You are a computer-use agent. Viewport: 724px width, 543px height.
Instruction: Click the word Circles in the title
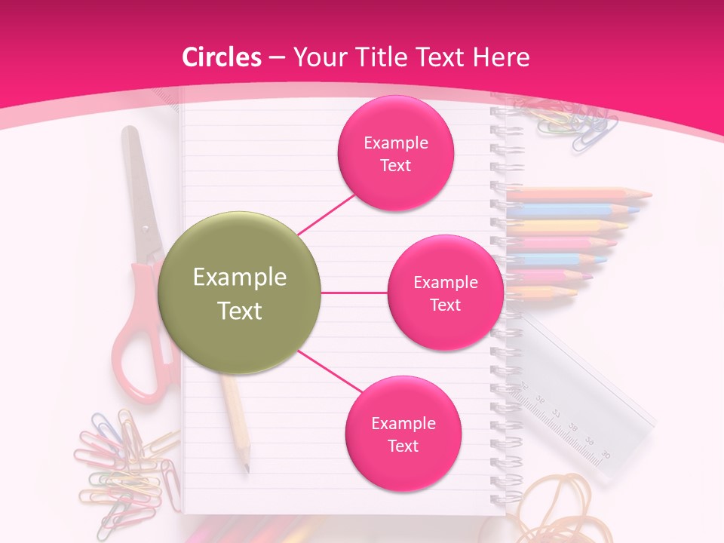click(221, 57)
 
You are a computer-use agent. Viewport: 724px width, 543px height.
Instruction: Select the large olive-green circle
click(240, 293)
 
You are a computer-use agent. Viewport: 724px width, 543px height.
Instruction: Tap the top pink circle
click(395, 153)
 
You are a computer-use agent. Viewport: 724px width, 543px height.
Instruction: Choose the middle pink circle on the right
click(445, 293)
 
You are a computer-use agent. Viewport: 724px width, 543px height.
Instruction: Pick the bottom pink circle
click(403, 434)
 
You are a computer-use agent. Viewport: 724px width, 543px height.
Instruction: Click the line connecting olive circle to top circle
click(327, 213)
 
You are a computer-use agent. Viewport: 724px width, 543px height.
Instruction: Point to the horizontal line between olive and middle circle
click(354, 293)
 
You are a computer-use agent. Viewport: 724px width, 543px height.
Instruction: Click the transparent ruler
click(588, 392)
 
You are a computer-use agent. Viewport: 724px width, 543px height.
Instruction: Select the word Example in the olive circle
click(240, 278)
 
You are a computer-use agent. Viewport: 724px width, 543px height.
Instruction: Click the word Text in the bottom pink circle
click(403, 446)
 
